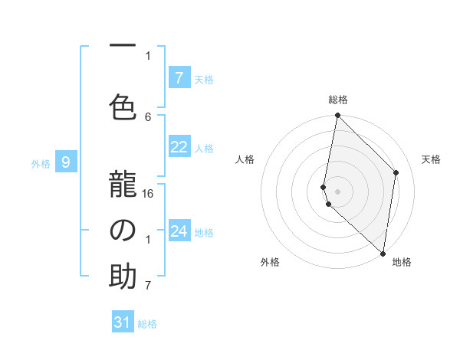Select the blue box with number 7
pyautogui.click(x=179, y=77)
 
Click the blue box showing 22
pyautogui.click(x=179, y=148)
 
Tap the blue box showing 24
pyautogui.click(x=179, y=231)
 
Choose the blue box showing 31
pyautogui.click(x=123, y=322)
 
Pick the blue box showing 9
pyautogui.click(x=66, y=162)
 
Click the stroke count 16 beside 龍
pyautogui.click(x=149, y=193)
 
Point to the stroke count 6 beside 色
pyautogui.click(x=148, y=116)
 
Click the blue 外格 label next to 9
pyautogui.click(x=41, y=163)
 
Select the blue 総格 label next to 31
pyautogui.click(x=147, y=324)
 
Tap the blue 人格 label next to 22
pyautogui.click(x=204, y=149)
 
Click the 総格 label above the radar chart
pyautogui.click(x=337, y=100)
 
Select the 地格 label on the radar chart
pyautogui.click(x=402, y=263)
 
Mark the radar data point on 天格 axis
pyautogui.click(x=396, y=172)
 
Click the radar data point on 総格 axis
pyautogui.click(x=337, y=116)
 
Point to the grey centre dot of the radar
pyautogui.click(x=337, y=191)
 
